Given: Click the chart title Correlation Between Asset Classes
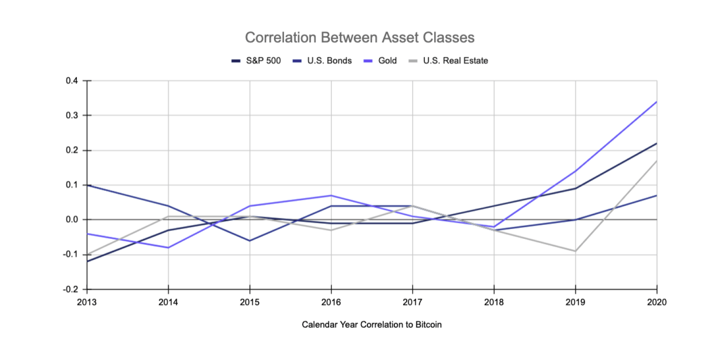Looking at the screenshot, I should [360, 37].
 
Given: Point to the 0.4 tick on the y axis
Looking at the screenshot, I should [72, 81].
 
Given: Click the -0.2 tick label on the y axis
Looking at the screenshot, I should [70, 289].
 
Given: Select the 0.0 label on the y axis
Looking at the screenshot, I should [72, 220].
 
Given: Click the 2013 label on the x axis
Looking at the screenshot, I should [87, 302].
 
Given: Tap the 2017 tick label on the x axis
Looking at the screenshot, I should [412, 302].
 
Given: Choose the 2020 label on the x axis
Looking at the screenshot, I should [657, 302].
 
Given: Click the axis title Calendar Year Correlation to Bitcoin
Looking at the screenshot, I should [372, 324].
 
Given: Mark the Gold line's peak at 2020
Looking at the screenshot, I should [657, 102].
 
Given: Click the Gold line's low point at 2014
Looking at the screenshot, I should [168, 247].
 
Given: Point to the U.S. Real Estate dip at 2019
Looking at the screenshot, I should [575, 251].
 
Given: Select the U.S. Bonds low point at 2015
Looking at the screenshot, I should [250, 241].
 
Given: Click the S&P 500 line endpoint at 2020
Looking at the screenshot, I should [657, 144].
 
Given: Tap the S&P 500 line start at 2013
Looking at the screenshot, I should [87, 261].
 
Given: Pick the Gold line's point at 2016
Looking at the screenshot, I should [331, 195].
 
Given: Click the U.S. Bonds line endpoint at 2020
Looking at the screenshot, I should [657, 195].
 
